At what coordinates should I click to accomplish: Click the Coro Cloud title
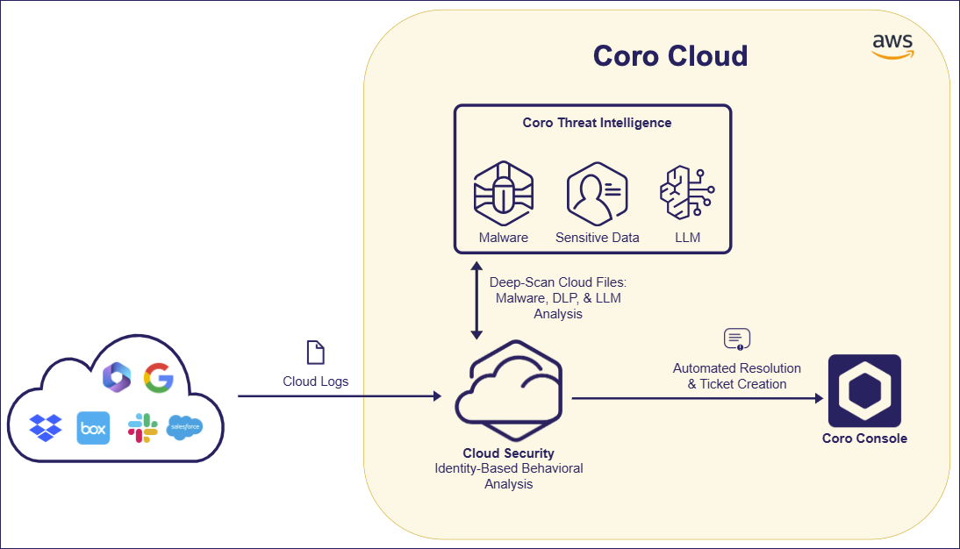[x=670, y=55]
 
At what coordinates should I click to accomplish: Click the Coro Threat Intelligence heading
[x=597, y=123]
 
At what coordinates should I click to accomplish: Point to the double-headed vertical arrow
[x=476, y=300]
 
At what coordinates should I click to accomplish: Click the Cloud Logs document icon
[x=315, y=353]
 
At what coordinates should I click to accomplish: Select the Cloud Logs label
[x=315, y=381]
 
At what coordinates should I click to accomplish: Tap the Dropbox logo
[x=46, y=427]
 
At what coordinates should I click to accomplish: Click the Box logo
[x=93, y=428]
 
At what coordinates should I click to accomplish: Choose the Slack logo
[x=142, y=427]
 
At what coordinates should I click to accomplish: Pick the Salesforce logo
[x=184, y=427]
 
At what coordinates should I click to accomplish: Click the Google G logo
[x=159, y=378]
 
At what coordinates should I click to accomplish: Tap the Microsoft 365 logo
[x=117, y=377]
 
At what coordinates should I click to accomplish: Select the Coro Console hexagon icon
[x=864, y=390]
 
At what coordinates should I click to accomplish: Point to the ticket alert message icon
[x=736, y=339]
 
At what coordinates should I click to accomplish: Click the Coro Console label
[x=864, y=438]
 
